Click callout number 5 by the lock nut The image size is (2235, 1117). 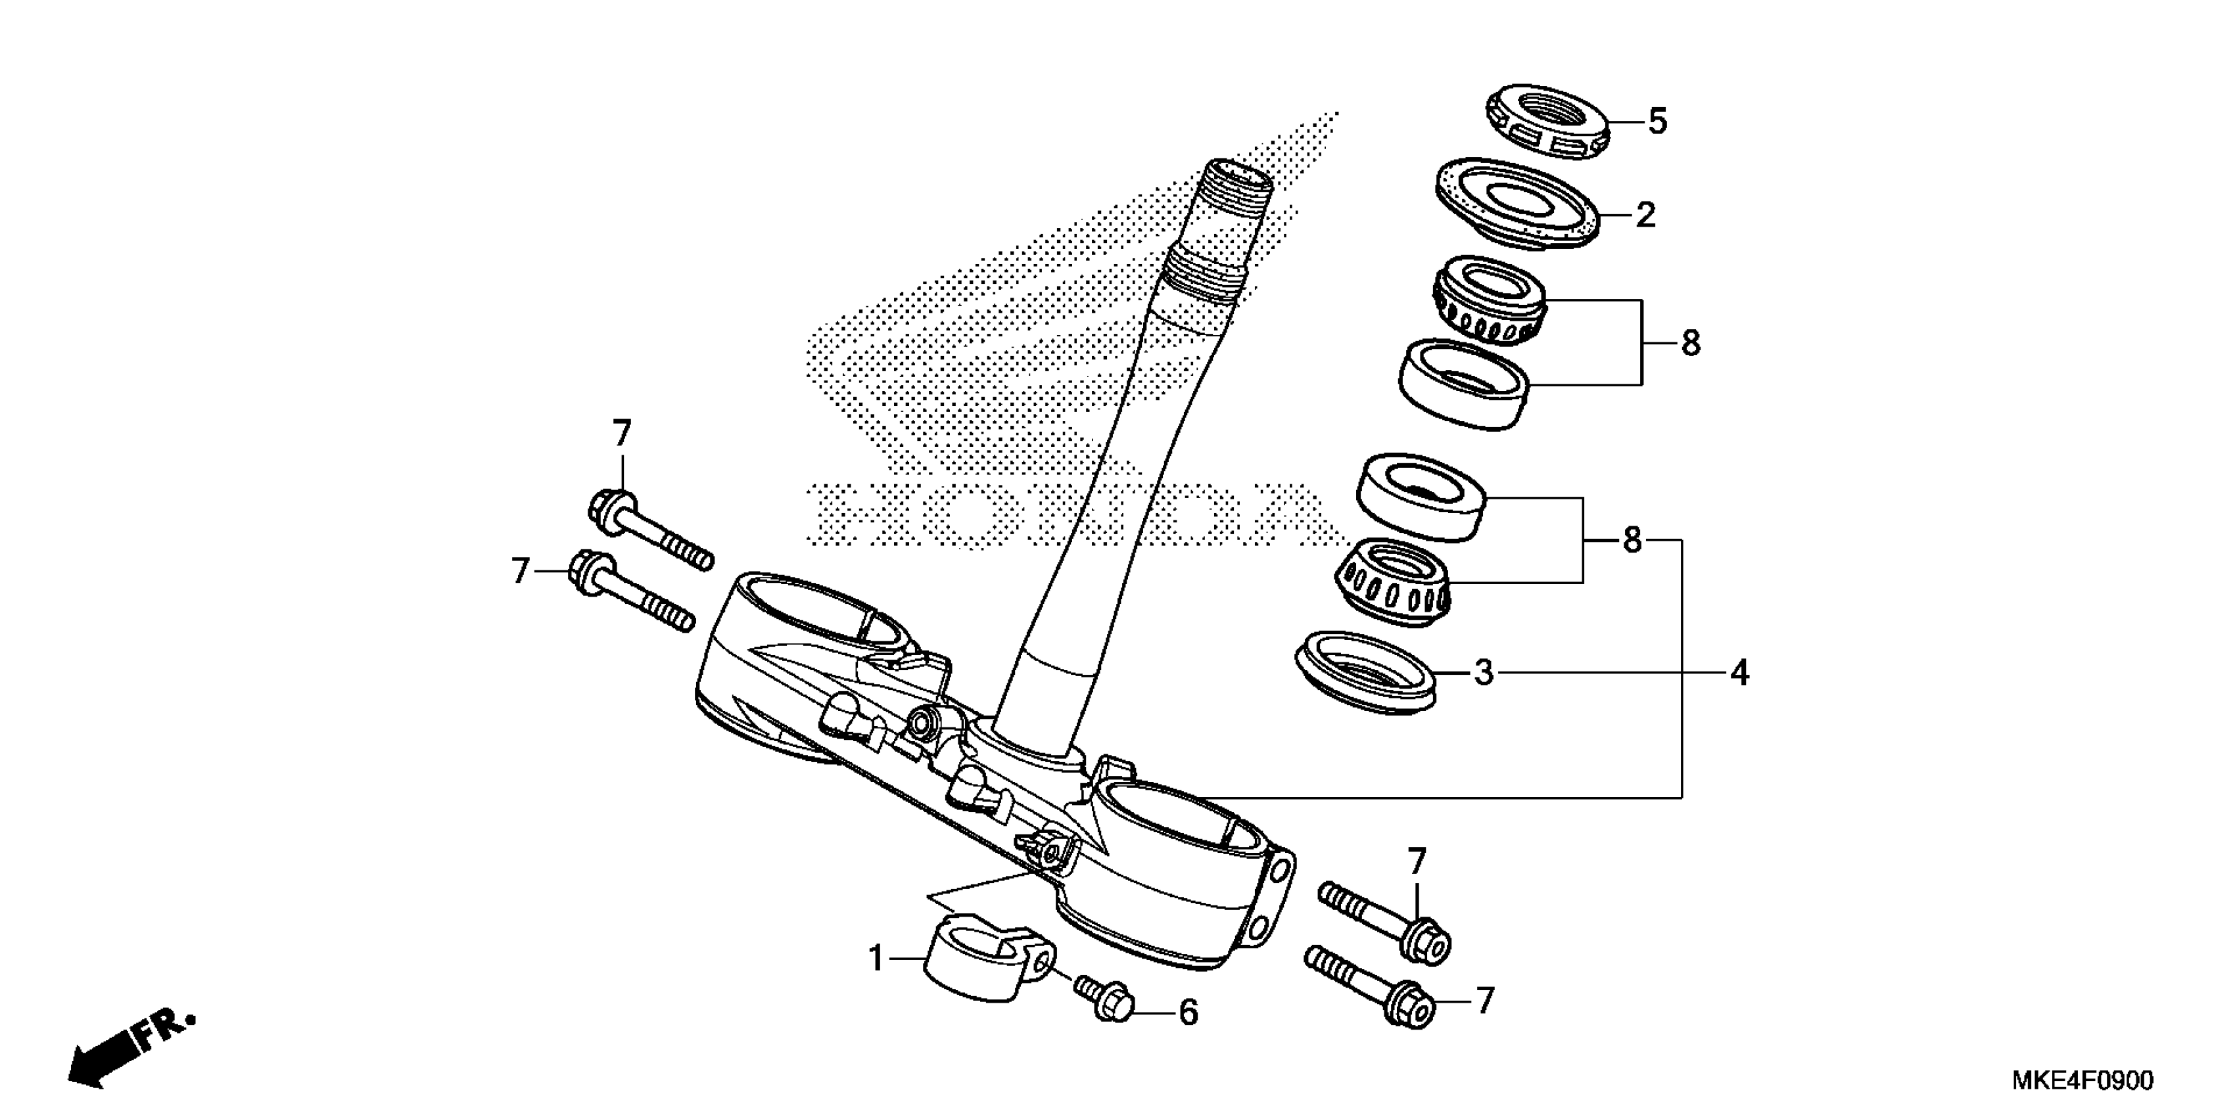(x=1657, y=122)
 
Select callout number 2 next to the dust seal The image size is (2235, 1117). (x=1645, y=215)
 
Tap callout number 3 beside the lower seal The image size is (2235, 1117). (x=1484, y=672)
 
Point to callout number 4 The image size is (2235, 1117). (x=1739, y=672)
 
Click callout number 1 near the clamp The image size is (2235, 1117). (x=876, y=959)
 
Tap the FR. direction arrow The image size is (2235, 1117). (x=130, y=1047)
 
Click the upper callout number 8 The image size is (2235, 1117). (x=1690, y=344)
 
